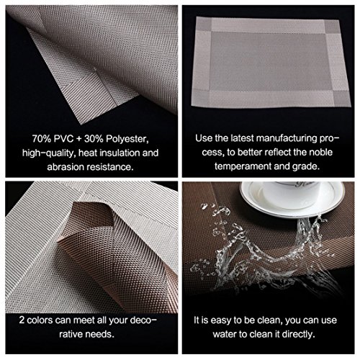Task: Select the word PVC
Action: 63,139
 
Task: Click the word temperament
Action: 243,166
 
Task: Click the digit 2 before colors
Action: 22,320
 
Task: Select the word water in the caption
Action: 225,334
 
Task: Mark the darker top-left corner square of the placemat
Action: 204,24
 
